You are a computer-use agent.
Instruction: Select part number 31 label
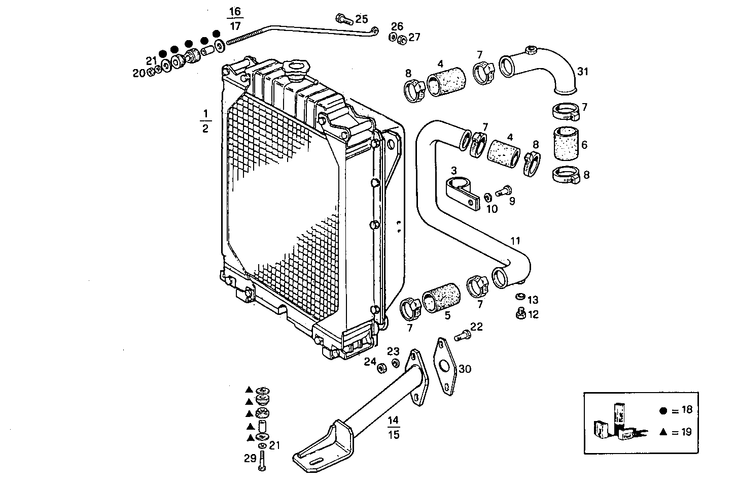(x=583, y=72)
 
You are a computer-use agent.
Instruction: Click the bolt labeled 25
(x=344, y=20)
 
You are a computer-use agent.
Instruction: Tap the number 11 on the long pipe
(x=515, y=241)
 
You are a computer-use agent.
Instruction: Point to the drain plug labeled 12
(x=519, y=315)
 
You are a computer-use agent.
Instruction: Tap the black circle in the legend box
(x=663, y=411)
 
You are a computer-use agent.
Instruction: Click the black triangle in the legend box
(x=663, y=432)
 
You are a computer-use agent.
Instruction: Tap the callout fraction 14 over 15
(x=394, y=427)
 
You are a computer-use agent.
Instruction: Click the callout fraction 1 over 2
(x=205, y=120)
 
